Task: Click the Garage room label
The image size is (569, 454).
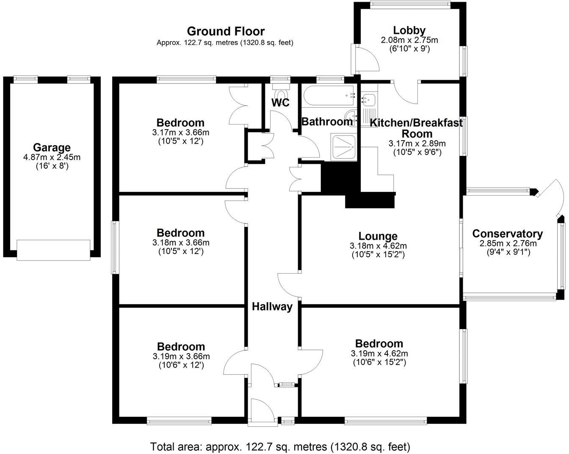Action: click(x=52, y=148)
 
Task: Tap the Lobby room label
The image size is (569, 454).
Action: click(x=409, y=30)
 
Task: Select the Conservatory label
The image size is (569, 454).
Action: click(x=507, y=234)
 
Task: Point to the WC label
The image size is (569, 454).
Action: click(x=280, y=102)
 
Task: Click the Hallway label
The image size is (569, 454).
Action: click(x=272, y=307)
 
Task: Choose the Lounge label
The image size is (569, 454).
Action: click(x=378, y=236)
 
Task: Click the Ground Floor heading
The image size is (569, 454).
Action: click(x=226, y=31)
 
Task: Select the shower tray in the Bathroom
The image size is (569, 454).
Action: click(x=344, y=146)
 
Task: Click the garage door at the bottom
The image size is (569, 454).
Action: click(x=53, y=249)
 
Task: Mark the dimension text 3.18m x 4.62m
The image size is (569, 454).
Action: click(x=378, y=246)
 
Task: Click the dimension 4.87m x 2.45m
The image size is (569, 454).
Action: click(x=52, y=157)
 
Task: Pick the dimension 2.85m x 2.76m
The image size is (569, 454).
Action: click(x=508, y=244)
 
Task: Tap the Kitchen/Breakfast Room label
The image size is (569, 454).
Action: click(x=416, y=128)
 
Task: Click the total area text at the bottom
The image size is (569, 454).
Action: click(x=280, y=446)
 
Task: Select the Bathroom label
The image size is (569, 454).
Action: click(x=326, y=122)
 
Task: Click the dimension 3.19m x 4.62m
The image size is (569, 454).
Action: click(x=379, y=353)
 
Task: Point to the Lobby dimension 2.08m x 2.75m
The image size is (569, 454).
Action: click(x=409, y=40)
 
